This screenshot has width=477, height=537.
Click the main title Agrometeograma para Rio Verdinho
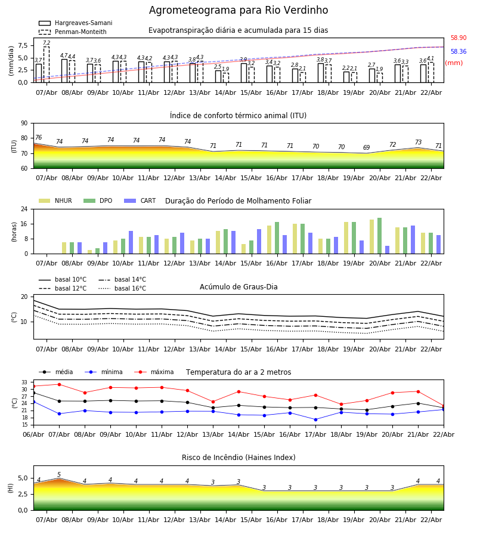[238, 11]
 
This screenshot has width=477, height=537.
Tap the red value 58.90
[459, 38]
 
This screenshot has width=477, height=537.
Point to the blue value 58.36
[459, 52]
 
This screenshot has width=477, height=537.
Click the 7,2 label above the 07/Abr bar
[47, 43]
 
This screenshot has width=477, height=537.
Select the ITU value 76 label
[38, 138]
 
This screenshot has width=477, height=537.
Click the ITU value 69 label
[367, 148]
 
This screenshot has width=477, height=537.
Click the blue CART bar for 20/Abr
[387, 249]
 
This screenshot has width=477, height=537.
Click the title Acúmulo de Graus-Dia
[238, 287]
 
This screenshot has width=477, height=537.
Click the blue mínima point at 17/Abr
[315, 419]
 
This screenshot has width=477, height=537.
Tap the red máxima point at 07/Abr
[59, 384]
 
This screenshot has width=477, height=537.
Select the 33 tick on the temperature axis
[24, 382]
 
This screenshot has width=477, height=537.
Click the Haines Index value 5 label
[59, 475]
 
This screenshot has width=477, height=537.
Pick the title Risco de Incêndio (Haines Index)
[238, 458]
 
